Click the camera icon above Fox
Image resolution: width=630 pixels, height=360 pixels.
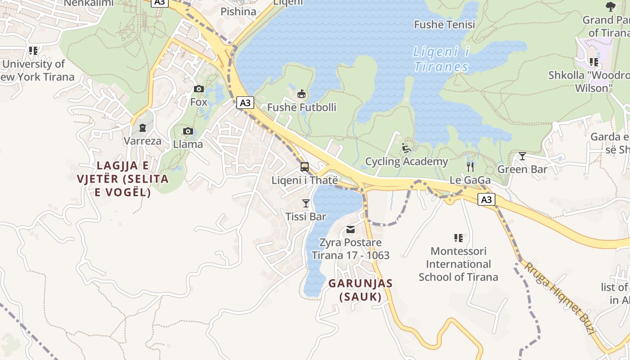click(198, 89)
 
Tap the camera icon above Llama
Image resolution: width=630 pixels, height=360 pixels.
click(188, 131)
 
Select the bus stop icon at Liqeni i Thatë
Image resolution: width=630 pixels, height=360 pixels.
click(305, 167)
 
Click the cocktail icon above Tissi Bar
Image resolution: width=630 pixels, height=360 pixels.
click(306, 203)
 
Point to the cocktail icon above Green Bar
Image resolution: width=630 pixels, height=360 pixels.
click(522, 156)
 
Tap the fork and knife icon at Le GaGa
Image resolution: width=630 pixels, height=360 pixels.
click(470, 167)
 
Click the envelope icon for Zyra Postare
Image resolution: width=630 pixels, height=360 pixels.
click(351, 230)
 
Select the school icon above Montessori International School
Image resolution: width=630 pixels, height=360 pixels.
click(458, 238)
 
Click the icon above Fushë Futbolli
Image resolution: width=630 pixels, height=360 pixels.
click(301, 94)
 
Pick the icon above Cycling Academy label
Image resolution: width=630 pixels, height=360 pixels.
click(406, 148)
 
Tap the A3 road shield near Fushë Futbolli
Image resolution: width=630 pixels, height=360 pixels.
click(245, 103)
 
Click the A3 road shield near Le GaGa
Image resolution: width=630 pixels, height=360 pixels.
click(486, 199)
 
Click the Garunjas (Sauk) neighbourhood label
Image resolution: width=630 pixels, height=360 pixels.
click(360, 290)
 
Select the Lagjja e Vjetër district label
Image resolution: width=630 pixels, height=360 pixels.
click(123, 179)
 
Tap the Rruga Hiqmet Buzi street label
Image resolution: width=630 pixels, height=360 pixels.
click(559, 297)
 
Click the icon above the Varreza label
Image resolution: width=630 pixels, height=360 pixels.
click(143, 128)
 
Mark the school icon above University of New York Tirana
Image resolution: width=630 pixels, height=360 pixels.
click(33, 51)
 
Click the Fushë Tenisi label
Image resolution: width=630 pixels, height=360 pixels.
click(444, 24)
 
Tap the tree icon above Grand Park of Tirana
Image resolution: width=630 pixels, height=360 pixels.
click(610, 6)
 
